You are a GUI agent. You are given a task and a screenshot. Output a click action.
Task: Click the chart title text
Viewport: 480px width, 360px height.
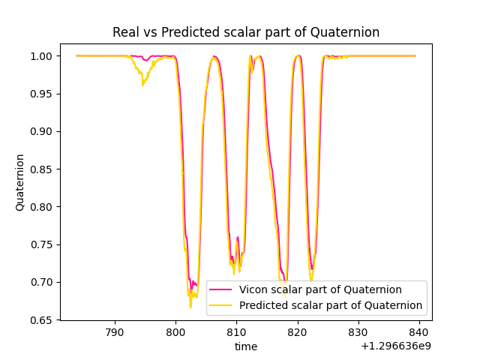246,32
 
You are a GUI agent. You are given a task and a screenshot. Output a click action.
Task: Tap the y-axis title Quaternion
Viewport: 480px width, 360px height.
20,182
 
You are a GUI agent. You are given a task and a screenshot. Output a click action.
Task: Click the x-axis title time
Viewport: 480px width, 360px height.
246,346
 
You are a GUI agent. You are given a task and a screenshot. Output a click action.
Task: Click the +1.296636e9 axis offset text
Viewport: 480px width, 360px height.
396,346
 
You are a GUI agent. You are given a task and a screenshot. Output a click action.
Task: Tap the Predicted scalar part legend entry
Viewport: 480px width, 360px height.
331,306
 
